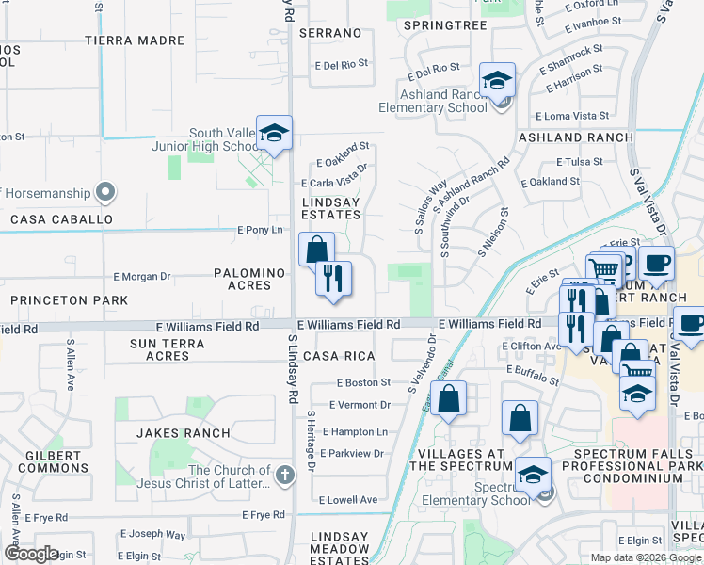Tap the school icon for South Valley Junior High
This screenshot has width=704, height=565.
[274, 133]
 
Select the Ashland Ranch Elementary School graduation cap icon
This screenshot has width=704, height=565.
[496, 81]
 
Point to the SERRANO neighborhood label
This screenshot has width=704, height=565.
[330, 33]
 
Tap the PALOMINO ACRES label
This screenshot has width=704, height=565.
[249, 279]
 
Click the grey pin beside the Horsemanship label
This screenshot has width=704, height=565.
[105, 194]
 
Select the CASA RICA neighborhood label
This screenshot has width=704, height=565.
[339, 356]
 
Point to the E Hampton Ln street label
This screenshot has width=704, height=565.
[355, 431]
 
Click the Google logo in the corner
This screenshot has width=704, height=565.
[31, 554]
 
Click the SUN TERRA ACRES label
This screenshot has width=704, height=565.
[168, 350]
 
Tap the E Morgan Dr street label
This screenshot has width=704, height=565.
[141, 277]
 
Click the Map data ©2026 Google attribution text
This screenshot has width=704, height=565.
[646, 557]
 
